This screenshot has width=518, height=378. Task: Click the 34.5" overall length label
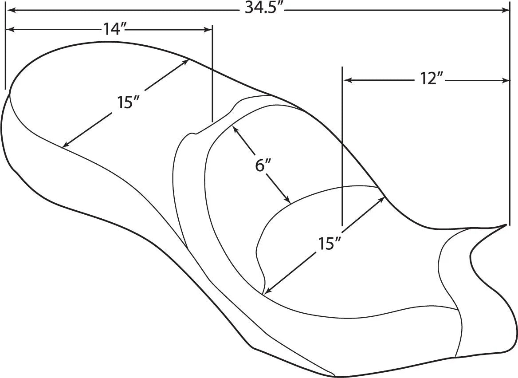tap(264, 9)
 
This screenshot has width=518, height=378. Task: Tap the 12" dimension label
tap(432, 80)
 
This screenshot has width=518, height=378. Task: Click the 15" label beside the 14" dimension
tap(129, 102)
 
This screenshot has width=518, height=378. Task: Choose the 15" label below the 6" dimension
tap(329, 243)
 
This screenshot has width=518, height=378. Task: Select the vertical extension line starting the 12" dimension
tap(342, 146)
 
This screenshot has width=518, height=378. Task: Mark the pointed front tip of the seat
tap(506, 225)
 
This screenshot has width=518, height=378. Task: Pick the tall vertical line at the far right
tap(510, 115)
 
